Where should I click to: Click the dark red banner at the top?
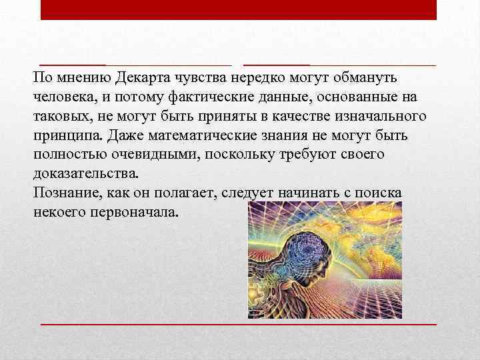[239, 9]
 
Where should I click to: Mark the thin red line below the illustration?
[239, 323]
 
